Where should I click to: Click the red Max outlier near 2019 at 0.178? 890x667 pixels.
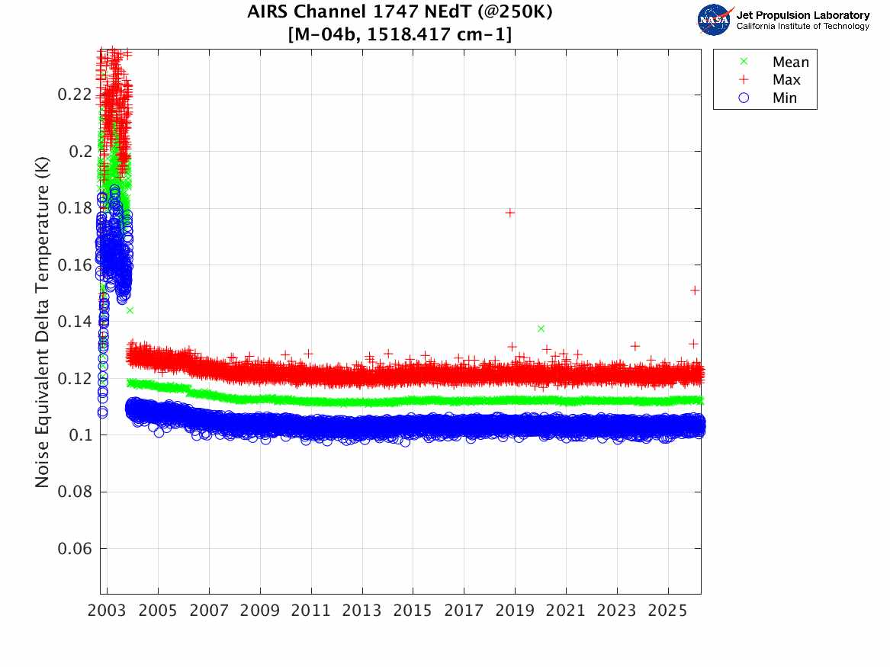coord(510,213)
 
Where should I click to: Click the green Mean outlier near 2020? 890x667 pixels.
coord(541,329)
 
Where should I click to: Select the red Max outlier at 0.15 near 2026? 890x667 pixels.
coord(695,290)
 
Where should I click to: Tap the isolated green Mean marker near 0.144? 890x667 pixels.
coord(130,310)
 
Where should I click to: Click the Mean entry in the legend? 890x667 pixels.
coord(790,63)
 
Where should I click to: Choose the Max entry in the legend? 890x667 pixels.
coord(786,80)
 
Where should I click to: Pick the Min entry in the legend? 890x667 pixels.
coord(785,98)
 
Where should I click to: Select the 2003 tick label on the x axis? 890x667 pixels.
coord(108,611)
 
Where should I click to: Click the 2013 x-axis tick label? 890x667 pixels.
coord(362,611)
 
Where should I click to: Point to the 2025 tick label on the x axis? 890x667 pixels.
coord(668,611)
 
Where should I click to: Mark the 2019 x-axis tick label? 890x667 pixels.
coord(516,611)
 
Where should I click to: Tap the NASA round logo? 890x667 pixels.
coord(714,20)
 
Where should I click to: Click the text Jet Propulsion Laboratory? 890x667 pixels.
coord(802,15)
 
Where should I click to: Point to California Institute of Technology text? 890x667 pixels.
coord(802,27)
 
